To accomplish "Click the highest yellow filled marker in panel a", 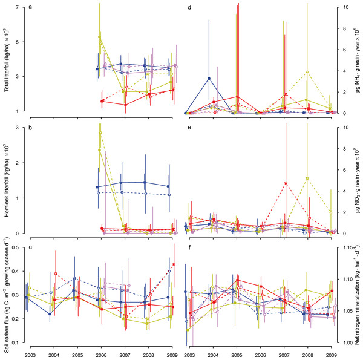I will coord(99,37).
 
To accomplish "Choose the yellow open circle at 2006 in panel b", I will coord(100,134).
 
